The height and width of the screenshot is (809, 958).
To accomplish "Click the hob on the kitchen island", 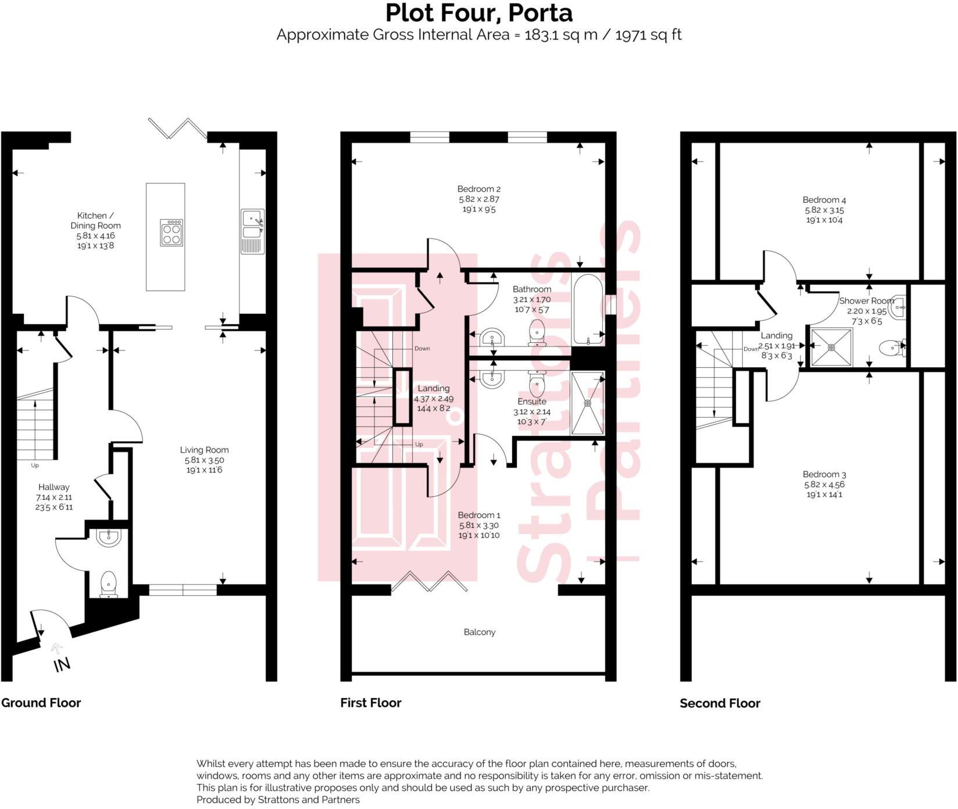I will pos(171,232).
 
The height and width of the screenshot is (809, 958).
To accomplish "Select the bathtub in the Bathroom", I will pos(588,309).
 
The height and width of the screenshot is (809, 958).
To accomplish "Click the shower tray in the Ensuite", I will pos(588,403).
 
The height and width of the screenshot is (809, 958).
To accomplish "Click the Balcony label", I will pos(480,632).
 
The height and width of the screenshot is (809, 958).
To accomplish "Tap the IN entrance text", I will pos(62,664).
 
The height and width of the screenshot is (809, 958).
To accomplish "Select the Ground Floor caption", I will pos(41,703).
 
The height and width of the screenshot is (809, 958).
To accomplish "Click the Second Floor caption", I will pos(720,703).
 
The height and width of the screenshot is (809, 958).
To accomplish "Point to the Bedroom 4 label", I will pos(824,200).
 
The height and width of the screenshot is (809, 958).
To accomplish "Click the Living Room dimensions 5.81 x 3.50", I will pos(204,460).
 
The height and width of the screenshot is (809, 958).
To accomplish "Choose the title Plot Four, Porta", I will pos(478,13).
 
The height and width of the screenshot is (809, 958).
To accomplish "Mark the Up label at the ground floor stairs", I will pos(35,465).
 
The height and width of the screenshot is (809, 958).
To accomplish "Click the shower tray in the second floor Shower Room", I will pos(831,348).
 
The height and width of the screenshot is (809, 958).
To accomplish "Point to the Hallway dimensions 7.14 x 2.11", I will pos(54,497).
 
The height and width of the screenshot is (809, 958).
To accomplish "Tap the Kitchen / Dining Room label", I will pos(95,220).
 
